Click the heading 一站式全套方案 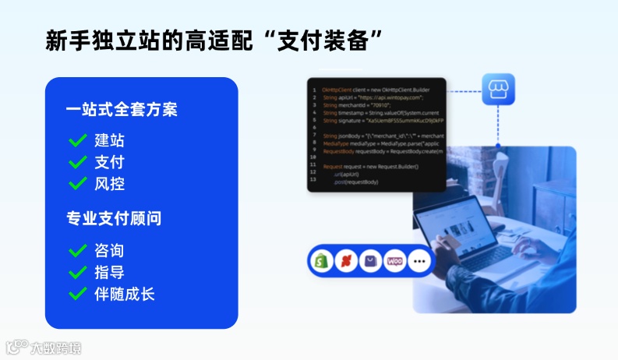(121, 109)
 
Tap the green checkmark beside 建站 (77, 141)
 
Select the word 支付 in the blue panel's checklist (109, 163)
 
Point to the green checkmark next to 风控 (77, 184)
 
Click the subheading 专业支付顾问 (114, 218)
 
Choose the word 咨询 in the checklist (109, 251)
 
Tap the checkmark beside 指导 (77, 273)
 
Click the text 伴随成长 (125, 294)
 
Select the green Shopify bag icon (320, 262)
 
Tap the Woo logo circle (395, 262)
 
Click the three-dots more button (420, 262)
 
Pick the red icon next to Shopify (345, 262)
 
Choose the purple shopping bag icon (370, 262)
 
